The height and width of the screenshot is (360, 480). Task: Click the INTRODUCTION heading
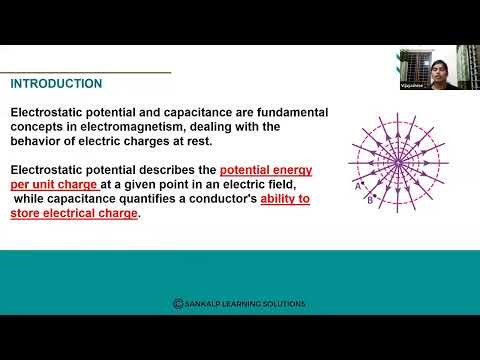tap(56, 84)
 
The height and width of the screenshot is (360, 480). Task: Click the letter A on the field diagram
tap(357, 185)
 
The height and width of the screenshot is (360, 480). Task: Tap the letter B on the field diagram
tap(370, 199)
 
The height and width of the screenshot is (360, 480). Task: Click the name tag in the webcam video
tap(412, 87)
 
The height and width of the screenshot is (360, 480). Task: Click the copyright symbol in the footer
tap(178, 304)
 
